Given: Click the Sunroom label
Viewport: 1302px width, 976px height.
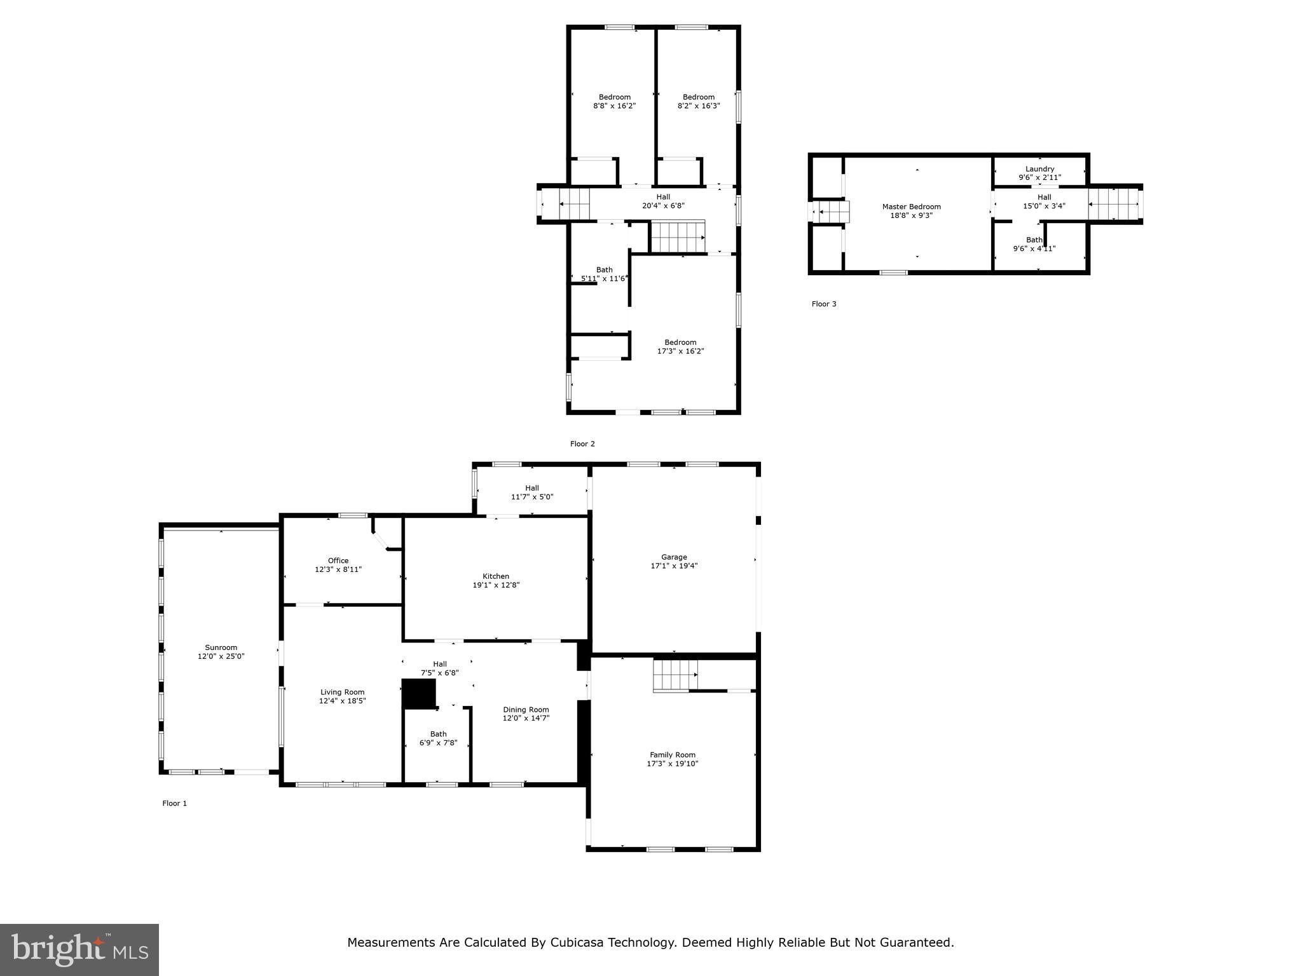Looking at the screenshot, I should click(221, 647).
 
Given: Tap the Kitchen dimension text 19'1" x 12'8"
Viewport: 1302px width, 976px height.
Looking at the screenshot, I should click(496, 585).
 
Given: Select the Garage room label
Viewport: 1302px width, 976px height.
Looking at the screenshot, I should click(673, 557).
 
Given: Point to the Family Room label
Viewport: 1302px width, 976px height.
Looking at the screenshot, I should click(672, 755).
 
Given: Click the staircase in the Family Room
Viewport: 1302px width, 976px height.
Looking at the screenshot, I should click(675, 675).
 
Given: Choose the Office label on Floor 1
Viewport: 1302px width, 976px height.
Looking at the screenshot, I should click(338, 560).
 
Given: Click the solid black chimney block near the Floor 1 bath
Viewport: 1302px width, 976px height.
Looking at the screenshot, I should click(419, 693).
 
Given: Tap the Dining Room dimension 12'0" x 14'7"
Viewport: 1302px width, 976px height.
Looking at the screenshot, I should click(526, 718).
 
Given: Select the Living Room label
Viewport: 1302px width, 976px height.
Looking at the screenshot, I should click(342, 692).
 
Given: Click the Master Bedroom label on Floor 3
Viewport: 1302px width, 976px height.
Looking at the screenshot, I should click(911, 207).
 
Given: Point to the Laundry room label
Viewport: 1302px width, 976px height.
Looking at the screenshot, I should click(1039, 169).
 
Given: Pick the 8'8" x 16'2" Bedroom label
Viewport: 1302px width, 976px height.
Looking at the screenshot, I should click(614, 97).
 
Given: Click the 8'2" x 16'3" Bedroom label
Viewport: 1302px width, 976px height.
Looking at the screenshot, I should click(698, 97).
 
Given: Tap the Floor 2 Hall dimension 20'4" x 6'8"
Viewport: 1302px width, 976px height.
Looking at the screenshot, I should click(663, 206).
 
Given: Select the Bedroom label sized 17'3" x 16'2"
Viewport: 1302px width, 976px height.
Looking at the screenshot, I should click(680, 342).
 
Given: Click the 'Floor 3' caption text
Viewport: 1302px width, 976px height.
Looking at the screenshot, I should click(824, 304).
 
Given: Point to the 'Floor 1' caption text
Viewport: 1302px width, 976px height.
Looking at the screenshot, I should click(175, 803).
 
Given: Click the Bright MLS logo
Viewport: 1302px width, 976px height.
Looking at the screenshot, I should click(79, 950).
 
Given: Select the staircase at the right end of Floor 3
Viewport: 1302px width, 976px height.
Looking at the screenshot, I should click(1113, 204).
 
